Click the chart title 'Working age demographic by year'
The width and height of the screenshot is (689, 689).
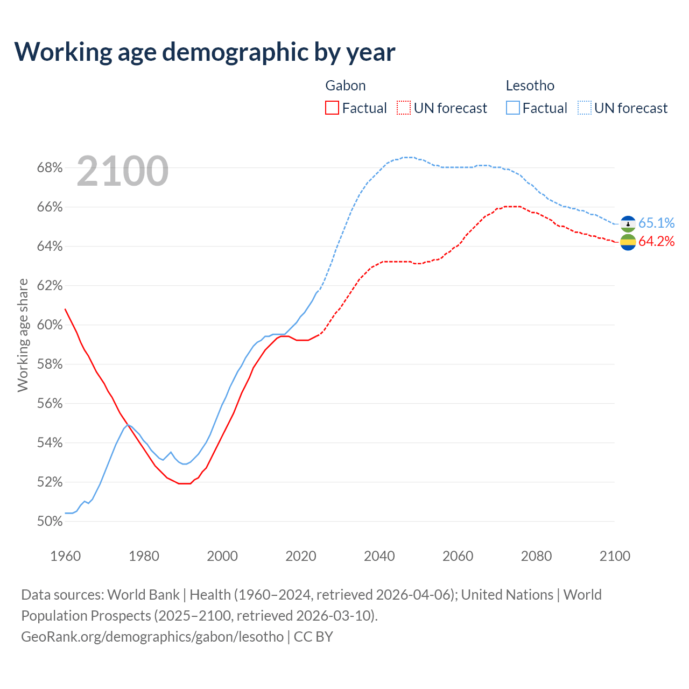coord(205,52)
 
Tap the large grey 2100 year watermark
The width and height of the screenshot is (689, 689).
coord(123,171)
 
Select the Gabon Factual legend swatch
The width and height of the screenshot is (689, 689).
coord(332,108)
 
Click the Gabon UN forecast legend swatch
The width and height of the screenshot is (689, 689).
coord(404,108)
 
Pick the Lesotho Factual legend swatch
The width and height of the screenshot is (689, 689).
coord(513,108)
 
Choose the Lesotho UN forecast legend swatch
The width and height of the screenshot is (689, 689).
coord(585,108)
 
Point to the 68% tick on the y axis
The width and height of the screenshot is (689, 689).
coord(50,168)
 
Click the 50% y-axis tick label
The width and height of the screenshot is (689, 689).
coord(50,522)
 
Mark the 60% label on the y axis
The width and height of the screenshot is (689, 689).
coord(50,325)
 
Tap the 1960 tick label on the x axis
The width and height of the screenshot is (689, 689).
coord(66,556)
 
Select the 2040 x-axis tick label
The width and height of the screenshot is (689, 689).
coord(379,556)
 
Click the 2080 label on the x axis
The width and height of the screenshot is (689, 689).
coord(536,556)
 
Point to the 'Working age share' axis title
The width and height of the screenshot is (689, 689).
coord(23,335)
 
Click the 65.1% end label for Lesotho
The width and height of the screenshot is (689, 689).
coord(657,223)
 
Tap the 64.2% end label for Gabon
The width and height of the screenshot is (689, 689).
coord(657,242)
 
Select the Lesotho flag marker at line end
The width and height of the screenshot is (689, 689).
coord(628,223)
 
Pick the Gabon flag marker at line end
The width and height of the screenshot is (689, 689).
coord(628,242)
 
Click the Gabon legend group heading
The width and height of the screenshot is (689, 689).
coord(346,86)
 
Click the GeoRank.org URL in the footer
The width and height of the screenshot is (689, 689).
coord(152,637)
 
